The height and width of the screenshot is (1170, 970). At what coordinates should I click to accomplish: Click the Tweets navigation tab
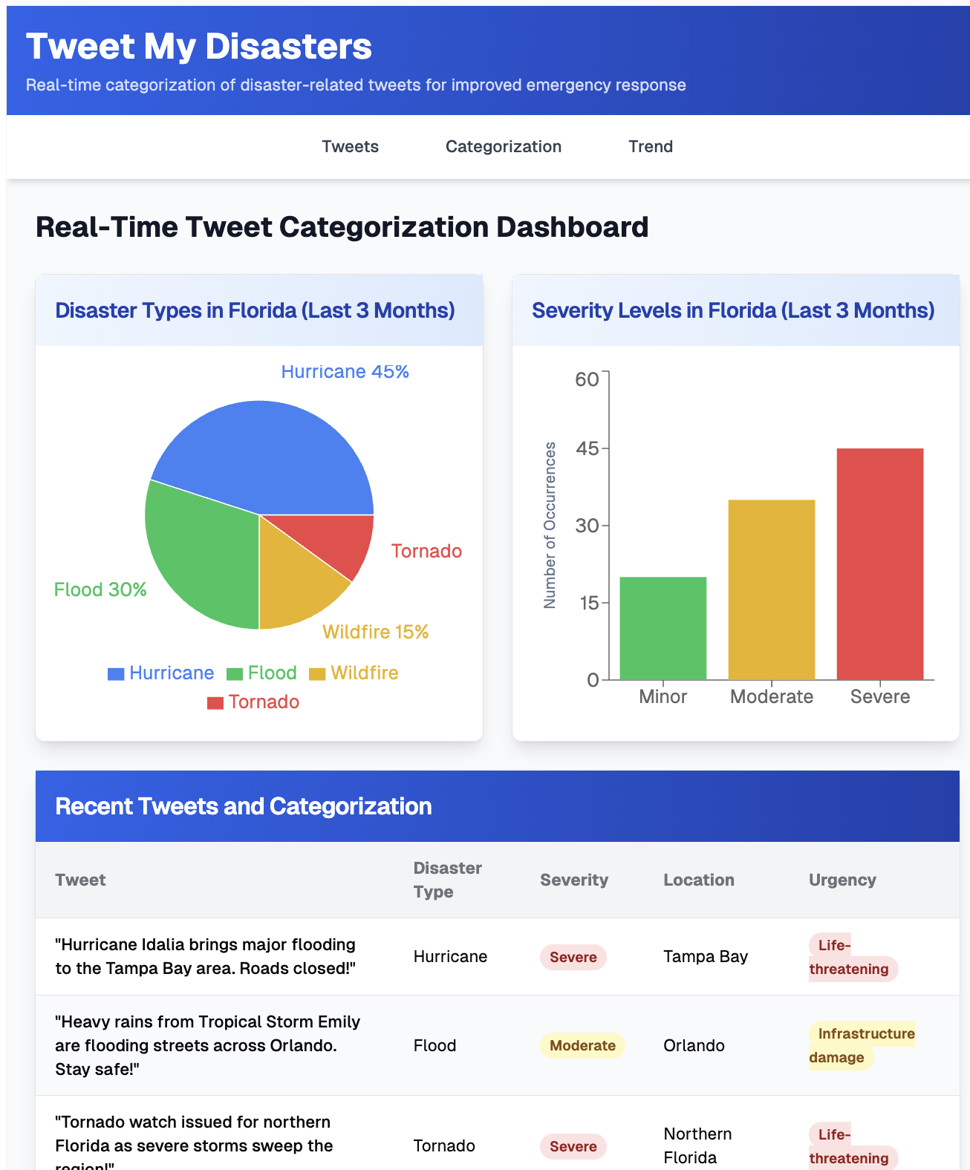click(350, 146)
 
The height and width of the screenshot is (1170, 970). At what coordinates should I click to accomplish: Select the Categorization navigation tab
click(503, 146)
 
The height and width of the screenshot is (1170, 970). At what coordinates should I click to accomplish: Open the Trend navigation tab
click(650, 146)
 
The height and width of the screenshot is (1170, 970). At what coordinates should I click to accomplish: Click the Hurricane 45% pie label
click(345, 371)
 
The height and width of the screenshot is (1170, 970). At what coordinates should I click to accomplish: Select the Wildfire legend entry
click(354, 673)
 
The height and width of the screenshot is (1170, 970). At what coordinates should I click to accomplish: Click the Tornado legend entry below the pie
click(253, 702)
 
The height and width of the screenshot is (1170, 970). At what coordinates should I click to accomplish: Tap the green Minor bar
click(663, 628)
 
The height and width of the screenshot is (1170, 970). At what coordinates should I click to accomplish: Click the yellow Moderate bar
click(771, 589)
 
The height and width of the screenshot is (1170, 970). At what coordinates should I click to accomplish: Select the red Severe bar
click(879, 563)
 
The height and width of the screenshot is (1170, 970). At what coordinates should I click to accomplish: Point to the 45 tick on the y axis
click(587, 448)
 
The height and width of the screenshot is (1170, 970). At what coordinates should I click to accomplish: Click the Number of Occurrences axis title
click(550, 525)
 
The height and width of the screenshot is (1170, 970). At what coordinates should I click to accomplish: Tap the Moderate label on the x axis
click(771, 696)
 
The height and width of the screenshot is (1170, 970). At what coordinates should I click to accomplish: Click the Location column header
click(698, 880)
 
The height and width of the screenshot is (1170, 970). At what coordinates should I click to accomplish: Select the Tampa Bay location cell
click(705, 956)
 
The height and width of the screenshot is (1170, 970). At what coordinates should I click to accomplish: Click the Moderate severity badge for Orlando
click(582, 1045)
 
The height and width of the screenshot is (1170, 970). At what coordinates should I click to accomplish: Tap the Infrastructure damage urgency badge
click(862, 1045)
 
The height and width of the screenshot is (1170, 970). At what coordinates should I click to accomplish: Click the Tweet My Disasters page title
click(198, 46)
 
